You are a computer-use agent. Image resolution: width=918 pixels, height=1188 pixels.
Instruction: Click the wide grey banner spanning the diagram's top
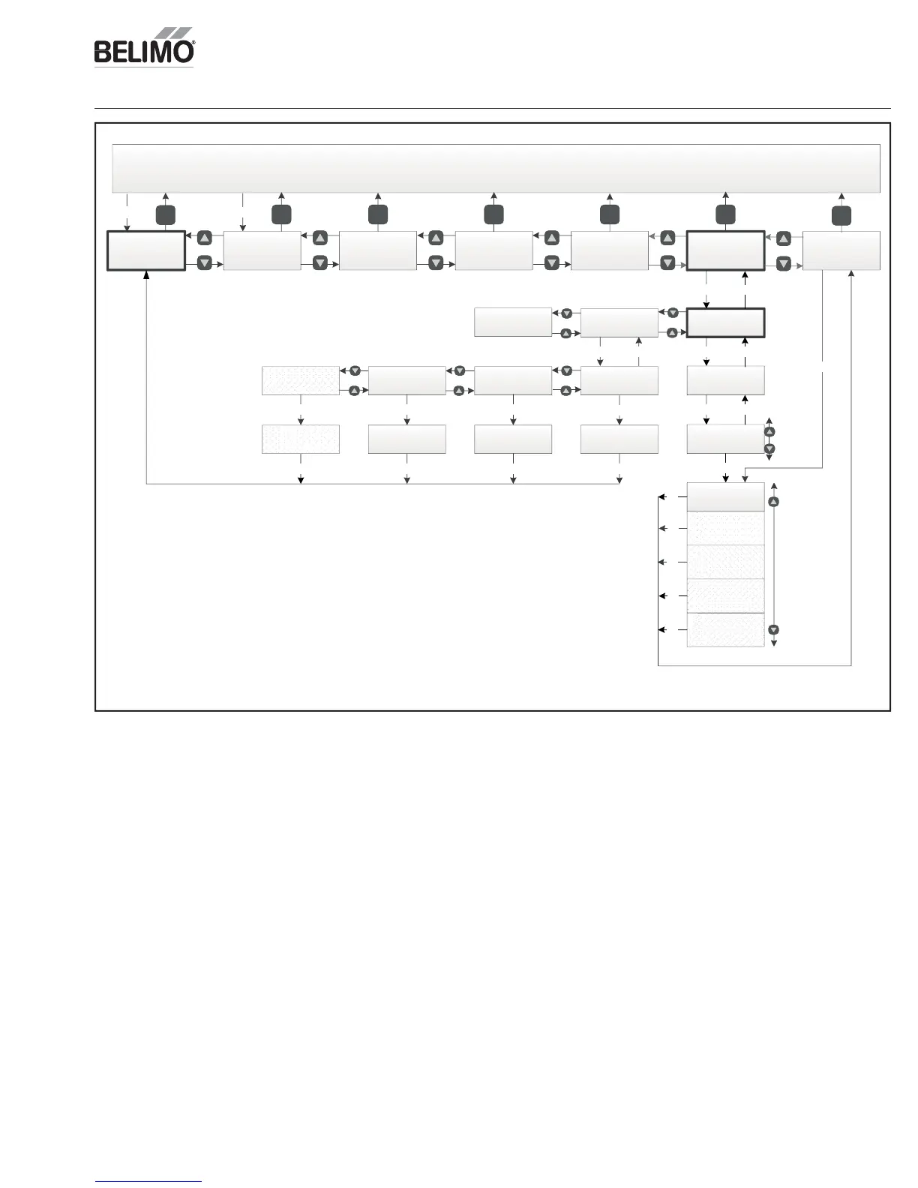pos(496,168)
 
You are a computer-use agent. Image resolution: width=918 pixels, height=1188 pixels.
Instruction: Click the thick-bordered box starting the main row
pos(145,250)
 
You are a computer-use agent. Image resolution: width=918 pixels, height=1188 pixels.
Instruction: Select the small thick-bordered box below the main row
pos(725,322)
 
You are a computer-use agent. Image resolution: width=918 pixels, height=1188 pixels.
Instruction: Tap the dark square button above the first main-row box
pos(165,215)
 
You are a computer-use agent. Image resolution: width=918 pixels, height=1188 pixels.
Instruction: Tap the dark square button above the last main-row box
pos(841,215)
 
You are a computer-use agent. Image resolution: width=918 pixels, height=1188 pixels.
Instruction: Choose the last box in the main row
pos(841,250)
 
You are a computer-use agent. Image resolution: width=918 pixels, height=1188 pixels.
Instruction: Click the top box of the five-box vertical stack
pos(725,496)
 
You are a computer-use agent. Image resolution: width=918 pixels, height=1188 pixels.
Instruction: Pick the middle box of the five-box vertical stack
pos(725,562)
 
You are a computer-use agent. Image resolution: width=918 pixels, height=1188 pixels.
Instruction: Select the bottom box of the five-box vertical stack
pos(725,629)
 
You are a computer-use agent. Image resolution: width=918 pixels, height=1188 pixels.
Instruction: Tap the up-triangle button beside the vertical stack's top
pos(774,502)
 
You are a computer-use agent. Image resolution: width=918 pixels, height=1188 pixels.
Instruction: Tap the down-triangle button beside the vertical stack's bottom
pos(774,630)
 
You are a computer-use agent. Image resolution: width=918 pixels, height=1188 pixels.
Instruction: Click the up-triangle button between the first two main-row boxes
pos(205,238)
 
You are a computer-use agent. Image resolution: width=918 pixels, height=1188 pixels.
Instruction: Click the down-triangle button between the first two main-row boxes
pos(205,263)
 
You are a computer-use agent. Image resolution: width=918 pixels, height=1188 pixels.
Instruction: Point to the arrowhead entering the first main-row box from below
pos(145,274)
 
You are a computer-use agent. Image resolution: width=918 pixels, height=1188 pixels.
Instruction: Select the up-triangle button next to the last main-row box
pos(784,238)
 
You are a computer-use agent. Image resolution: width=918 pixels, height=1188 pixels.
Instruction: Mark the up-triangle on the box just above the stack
pos(769,432)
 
